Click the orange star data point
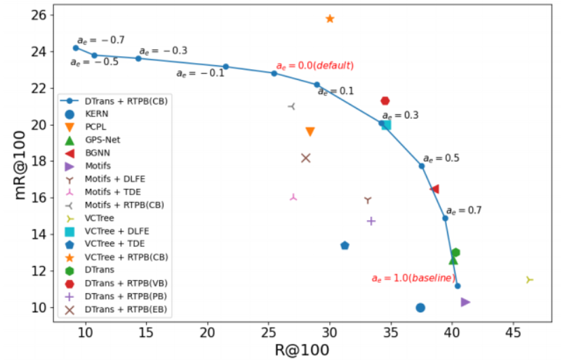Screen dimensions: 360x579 pos(330,18)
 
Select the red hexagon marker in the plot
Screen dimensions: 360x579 pos(385,101)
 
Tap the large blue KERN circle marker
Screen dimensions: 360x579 pos(420,307)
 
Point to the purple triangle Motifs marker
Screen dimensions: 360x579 pos(465,302)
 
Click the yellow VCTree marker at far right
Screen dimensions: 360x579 pos(529,279)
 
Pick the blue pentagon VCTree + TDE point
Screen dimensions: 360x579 pos(345,246)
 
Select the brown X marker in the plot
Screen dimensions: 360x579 pos(305,158)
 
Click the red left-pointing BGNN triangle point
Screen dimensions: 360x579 pos(434,189)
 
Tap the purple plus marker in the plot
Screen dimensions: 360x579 pos(371,221)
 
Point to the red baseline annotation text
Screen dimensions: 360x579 pos(414,279)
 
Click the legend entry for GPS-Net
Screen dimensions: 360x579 pos(102,140)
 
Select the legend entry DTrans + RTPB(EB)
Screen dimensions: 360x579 pos(126,309)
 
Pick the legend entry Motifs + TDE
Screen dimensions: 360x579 pos(112,192)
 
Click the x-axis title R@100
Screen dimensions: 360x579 pos(301,349)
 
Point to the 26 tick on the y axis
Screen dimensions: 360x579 pos(40,15)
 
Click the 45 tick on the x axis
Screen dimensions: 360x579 pos(513,332)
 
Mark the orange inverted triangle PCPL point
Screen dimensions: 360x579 pos(310,132)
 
